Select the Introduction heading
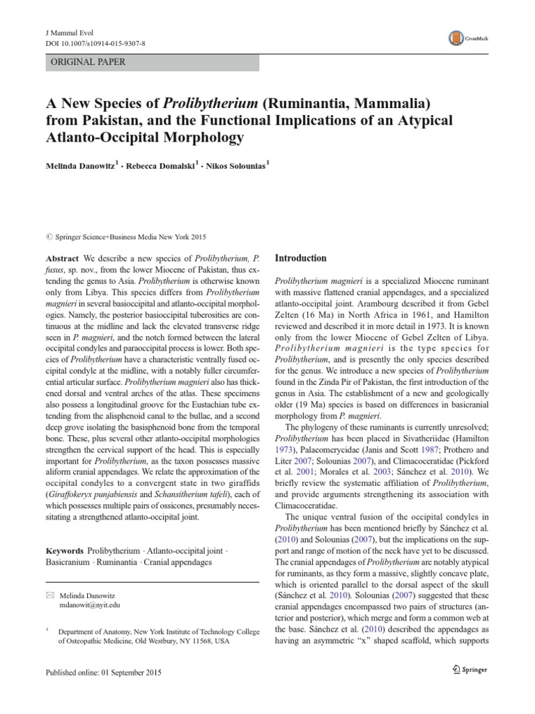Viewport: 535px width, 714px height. tap(301, 258)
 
